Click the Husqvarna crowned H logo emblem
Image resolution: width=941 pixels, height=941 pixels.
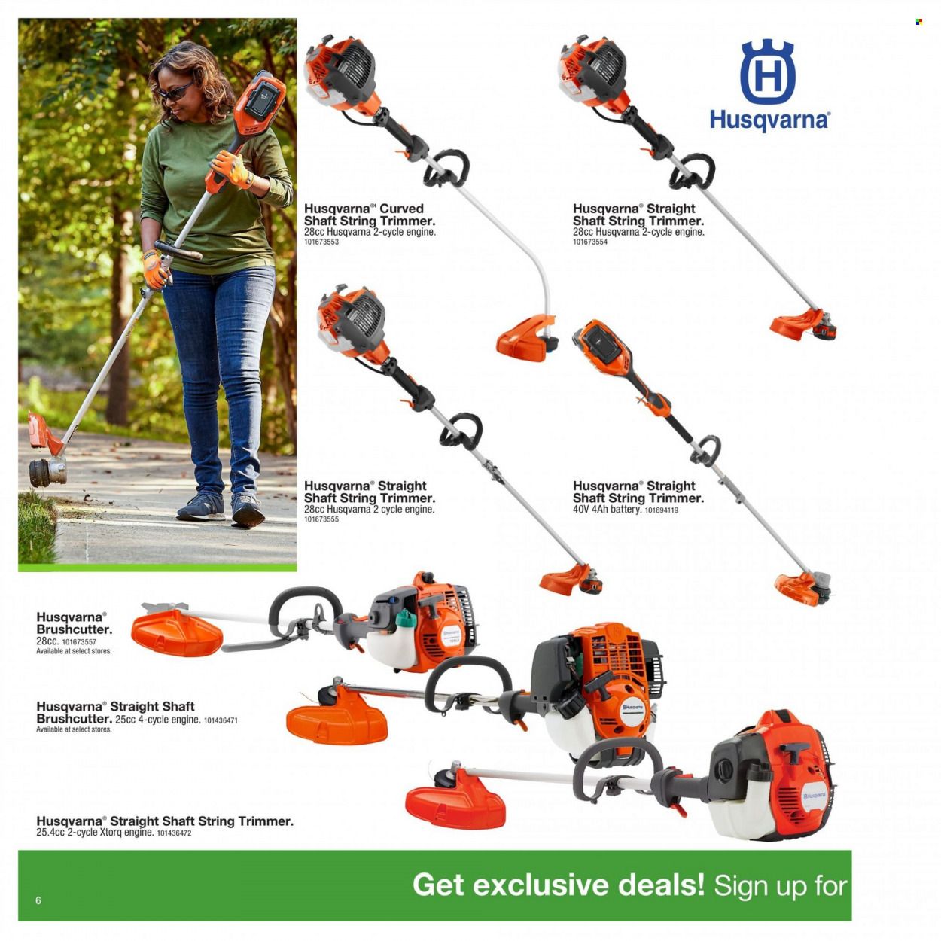[768, 72]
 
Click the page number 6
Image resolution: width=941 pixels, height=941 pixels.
[38, 900]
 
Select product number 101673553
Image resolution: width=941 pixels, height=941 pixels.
[321, 242]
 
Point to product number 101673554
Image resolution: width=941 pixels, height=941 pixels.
[590, 242]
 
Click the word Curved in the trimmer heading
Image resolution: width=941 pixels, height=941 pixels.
[401, 209]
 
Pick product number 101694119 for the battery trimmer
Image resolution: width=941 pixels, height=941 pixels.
[662, 510]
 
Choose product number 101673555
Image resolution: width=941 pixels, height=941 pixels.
[321, 519]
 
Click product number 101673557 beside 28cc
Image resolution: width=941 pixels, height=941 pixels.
[79, 642]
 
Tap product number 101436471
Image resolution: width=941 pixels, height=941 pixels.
[221, 720]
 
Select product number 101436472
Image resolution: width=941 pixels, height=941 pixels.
[174, 833]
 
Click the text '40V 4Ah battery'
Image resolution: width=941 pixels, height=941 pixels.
[607, 510]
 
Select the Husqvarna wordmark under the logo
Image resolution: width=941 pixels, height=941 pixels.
[769, 120]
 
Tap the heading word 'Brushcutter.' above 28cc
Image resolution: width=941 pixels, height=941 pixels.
[74, 629]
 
